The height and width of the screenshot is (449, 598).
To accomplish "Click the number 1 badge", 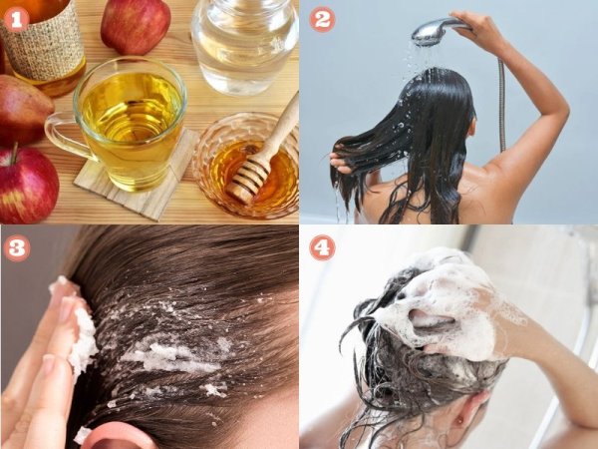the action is [x=16, y=20].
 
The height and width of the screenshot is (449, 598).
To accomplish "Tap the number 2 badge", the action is [x=322, y=20].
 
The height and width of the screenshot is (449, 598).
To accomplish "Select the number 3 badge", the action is [x=16, y=248].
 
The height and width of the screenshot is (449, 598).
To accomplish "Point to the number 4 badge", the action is [x=322, y=248].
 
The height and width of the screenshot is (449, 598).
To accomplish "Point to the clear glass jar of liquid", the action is [x=244, y=44].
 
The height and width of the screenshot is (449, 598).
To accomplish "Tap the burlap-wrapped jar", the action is [x=44, y=44].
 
